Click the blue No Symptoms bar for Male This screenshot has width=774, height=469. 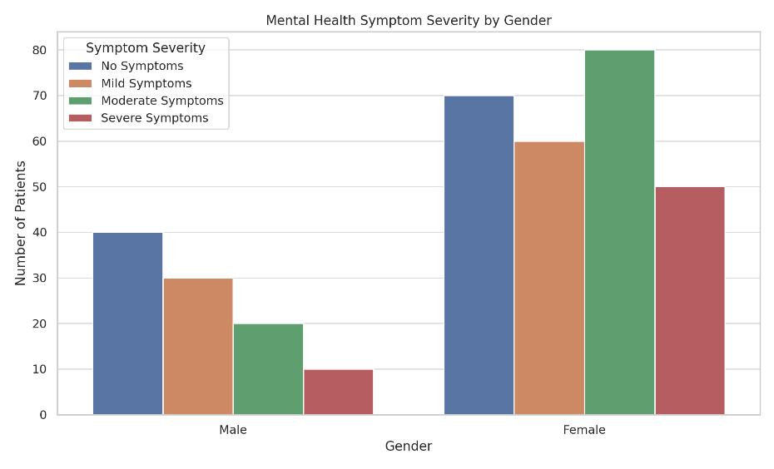(x=127, y=323)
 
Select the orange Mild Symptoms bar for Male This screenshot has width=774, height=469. (x=198, y=346)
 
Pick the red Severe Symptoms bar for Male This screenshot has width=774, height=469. (x=339, y=392)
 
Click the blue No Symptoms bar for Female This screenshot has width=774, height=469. (x=479, y=255)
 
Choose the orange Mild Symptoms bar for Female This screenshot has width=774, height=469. (x=549, y=278)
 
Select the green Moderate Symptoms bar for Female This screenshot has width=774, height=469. (x=620, y=232)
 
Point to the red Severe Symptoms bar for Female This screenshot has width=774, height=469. (x=690, y=300)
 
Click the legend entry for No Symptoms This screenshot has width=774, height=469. (x=141, y=67)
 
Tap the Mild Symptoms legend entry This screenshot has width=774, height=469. (x=146, y=84)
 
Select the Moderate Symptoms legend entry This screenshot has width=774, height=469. (x=161, y=101)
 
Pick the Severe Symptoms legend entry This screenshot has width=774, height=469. (x=154, y=118)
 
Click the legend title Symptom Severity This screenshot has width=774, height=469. (x=146, y=48)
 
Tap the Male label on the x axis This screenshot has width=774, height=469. (x=233, y=430)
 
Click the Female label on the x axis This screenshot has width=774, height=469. (x=584, y=430)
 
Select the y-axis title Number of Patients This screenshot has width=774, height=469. (x=22, y=223)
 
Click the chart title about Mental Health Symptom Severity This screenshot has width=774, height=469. (x=409, y=20)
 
